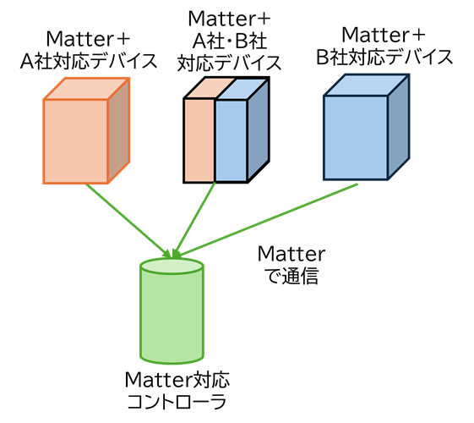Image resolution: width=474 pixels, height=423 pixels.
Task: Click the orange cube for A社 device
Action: click(86, 131)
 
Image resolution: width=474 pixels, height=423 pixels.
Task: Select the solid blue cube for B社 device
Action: click(367, 127)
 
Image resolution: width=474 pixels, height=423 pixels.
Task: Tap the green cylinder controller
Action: click(172, 311)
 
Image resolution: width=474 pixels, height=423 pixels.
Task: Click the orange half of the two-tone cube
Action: click(199, 140)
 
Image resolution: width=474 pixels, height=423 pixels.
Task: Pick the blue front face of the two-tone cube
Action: click(232, 140)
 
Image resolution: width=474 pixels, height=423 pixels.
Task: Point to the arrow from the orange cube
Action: click(128, 221)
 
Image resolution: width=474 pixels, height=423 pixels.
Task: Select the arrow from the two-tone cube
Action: click(193, 220)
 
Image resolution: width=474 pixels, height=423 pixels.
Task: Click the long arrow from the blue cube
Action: click(266, 220)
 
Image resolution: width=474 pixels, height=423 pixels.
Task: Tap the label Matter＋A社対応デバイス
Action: click(88, 50)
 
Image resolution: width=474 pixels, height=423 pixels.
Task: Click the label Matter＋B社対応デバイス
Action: click(384, 46)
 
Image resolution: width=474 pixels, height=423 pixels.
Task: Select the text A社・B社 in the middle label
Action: click(230, 41)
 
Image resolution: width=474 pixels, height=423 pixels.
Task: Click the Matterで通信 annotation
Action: click(291, 265)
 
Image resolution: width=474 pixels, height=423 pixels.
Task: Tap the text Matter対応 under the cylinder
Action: click(177, 379)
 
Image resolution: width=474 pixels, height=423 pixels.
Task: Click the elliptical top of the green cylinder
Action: click(172, 266)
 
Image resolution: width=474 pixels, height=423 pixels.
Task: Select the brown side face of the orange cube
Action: click(119, 131)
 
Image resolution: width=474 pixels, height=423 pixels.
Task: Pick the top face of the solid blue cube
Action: click(367, 85)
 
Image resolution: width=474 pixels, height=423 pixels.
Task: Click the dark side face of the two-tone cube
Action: click(259, 130)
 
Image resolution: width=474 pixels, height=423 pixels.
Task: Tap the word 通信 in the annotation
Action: click(300, 276)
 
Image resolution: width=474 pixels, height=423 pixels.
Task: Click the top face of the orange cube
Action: click(87, 89)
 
